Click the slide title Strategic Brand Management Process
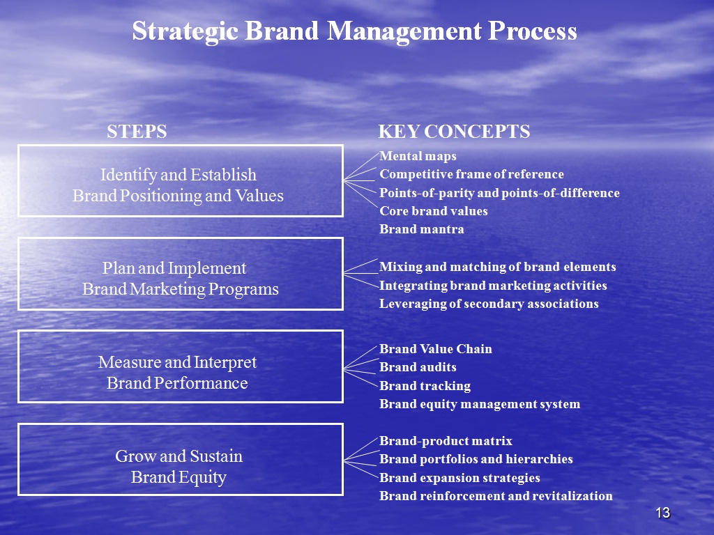tap(355, 31)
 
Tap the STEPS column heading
tap(137, 132)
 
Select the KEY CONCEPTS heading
tap(454, 132)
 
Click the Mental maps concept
tap(418, 156)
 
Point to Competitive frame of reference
tap(472, 174)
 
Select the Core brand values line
tap(434, 211)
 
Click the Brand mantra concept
tap(422, 229)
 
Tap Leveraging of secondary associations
tap(489, 304)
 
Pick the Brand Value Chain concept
tap(436, 349)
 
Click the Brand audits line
tap(418, 367)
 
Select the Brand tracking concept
tap(425, 386)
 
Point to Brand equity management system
tap(480, 404)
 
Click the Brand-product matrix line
tap(446, 441)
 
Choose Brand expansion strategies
tap(460, 478)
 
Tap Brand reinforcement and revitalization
tap(496, 496)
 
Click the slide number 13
tap(663, 513)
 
